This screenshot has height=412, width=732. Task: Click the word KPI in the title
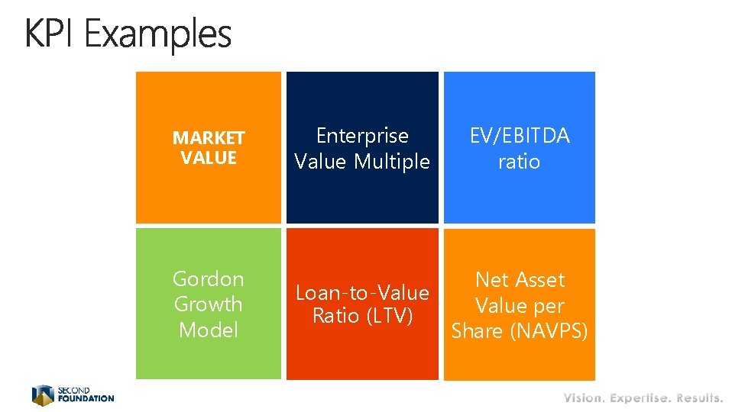[50, 34]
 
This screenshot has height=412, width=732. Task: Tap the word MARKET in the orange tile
[209, 138]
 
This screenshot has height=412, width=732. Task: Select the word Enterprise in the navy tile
[362, 136]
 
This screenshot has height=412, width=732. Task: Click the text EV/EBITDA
[520, 136]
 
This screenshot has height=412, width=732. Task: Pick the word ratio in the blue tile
[519, 162]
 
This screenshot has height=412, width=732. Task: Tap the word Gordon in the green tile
[209, 278]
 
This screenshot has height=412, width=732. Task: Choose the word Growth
[208, 304]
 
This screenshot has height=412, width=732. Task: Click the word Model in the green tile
[208, 330]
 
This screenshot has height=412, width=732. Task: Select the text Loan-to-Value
[362, 293]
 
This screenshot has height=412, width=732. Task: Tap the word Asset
[539, 280]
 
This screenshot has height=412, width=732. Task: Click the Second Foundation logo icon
[43, 394]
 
